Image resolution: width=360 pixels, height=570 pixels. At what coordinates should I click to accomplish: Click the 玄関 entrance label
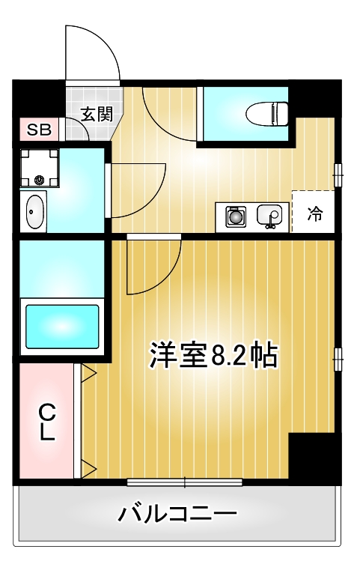click(97, 115)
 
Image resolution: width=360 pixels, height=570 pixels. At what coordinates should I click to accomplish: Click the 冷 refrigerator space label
click(315, 214)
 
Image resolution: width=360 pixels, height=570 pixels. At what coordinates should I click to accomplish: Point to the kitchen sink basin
click(270, 216)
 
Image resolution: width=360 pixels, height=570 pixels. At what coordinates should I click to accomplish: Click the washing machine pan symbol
click(38, 168)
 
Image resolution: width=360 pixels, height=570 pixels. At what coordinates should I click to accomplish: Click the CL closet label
click(47, 421)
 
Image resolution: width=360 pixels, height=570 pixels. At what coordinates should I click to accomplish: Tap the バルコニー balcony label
click(177, 515)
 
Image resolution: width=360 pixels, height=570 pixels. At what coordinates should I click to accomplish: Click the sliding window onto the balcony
click(184, 482)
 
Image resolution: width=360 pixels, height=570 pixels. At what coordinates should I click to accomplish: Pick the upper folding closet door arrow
click(88, 372)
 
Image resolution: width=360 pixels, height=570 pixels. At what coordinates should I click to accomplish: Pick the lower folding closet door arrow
click(88, 470)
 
